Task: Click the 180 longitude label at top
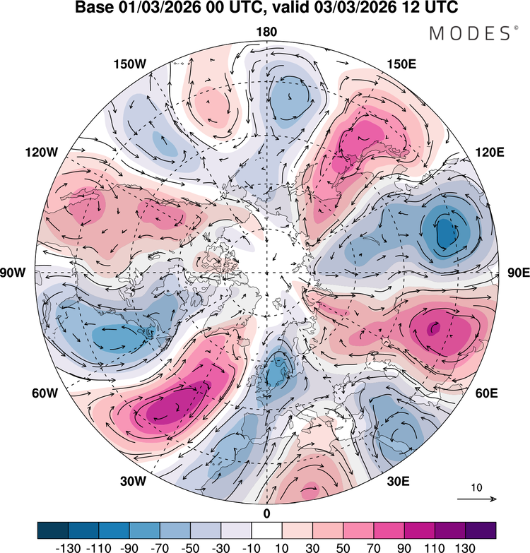[x=267, y=32]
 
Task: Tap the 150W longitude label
[x=129, y=64]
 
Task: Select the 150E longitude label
[x=402, y=64]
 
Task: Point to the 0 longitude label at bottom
[x=266, y=513]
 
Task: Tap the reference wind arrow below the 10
[x=476, y=499]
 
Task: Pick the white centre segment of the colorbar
[x=266, y=530]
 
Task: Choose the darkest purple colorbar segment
[x=480, y=530]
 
